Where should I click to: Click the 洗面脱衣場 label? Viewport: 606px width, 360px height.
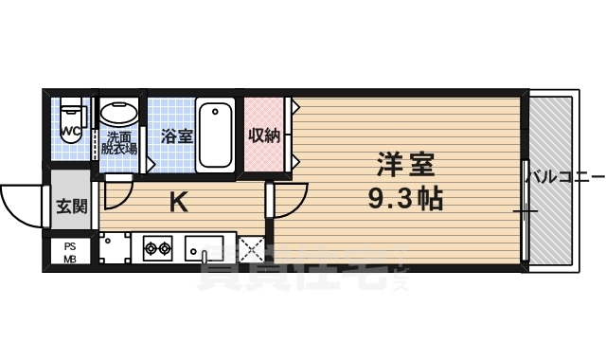(120, 143)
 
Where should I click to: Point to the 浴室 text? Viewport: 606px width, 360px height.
(176, 135)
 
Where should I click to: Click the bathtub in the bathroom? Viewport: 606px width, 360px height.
(217, 135)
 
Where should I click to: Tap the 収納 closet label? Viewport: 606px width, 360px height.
(264, 135)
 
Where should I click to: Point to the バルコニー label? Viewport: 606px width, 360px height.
(564, 176)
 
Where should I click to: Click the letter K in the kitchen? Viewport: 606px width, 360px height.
(177, 201)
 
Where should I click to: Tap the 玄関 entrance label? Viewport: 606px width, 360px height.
(70, 206)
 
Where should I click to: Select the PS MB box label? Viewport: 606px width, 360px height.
(70, 252)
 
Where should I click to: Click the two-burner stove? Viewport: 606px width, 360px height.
(156, 250)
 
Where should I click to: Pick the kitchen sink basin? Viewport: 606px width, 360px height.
(204, 250)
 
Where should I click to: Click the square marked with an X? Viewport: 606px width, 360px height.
(251, 251)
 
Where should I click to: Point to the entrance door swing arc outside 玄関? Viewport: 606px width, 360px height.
(21, 203)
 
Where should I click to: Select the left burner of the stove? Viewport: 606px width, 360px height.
(150, 250)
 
